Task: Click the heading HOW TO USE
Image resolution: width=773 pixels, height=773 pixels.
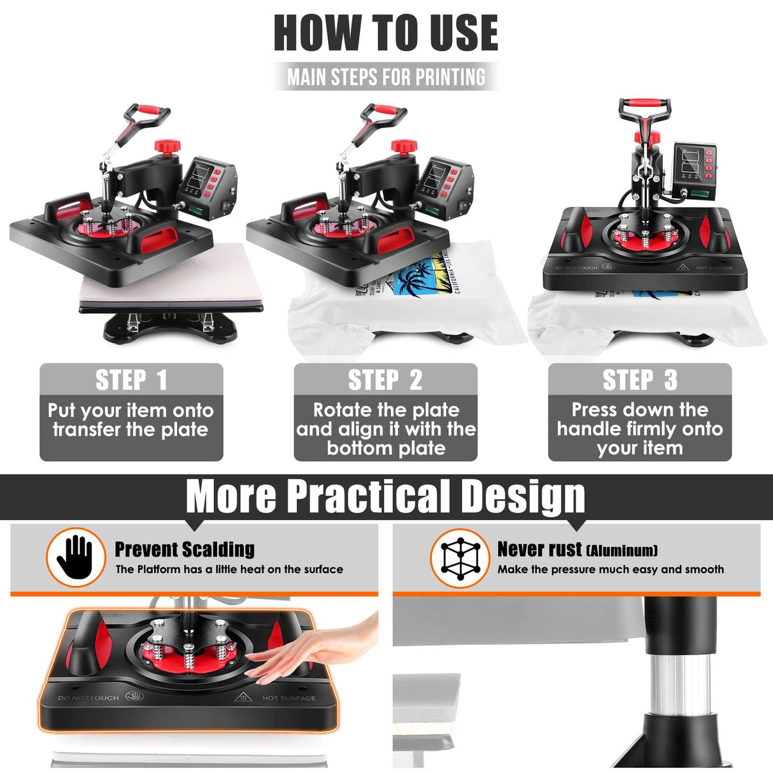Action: [x=386, y=33]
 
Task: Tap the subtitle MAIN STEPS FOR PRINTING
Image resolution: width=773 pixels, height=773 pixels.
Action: [x=386, y=77]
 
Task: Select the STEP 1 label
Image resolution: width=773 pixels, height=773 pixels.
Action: [x=131, y=380]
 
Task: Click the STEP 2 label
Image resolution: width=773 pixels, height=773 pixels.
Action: [x=385, y=380]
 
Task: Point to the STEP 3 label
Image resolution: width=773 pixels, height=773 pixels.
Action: [x=640, y=380]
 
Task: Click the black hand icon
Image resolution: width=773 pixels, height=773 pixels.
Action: [x=75, y=557]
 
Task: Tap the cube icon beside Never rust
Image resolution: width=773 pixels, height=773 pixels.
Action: [x=460, y=558]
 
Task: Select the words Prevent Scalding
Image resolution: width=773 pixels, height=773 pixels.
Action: [x=185, y=549]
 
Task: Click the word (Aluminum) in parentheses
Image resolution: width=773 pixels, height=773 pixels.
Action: [x=621, y=550]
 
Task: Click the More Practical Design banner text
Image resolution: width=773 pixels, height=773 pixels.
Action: [x=386, y=496]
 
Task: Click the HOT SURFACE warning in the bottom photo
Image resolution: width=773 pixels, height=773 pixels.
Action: [x=288, y=698]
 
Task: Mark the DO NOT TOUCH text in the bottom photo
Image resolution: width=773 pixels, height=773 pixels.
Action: [x=89, y=698]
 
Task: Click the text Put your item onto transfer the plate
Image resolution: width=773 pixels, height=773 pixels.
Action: [x=131, y=420]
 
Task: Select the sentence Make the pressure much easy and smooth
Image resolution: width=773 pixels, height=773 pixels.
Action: [x=611, y=569]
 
